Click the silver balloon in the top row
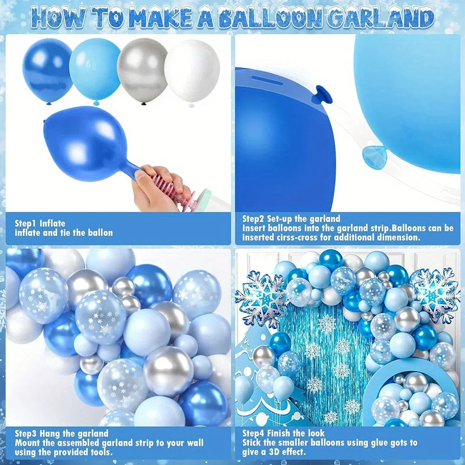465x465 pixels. [142, 70]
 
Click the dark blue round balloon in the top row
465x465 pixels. [47, 69]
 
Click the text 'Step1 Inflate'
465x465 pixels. [40, 223]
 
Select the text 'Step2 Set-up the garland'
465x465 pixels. [291, 219]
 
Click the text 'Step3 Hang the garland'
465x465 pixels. [61, 434]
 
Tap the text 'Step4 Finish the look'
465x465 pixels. [286, 433]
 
